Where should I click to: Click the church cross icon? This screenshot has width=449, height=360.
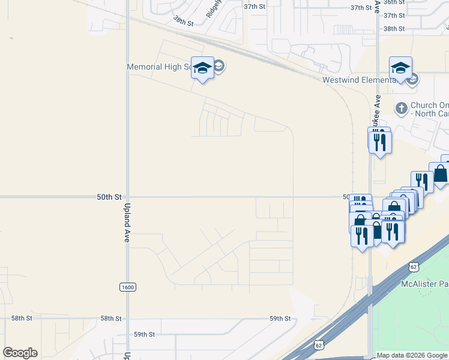401,108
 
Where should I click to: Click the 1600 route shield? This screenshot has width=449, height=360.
127,287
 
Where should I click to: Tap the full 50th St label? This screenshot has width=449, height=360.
109,197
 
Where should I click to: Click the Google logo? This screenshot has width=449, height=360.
20,353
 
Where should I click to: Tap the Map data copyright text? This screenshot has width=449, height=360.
412,356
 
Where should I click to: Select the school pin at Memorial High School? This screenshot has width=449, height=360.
202,69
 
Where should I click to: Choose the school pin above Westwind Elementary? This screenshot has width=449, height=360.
400,70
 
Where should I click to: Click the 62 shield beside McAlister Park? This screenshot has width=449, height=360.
413,266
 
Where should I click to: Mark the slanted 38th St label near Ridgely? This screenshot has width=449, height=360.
184,20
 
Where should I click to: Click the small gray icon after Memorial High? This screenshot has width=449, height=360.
219,66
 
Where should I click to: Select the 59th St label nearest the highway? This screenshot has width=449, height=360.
280,319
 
